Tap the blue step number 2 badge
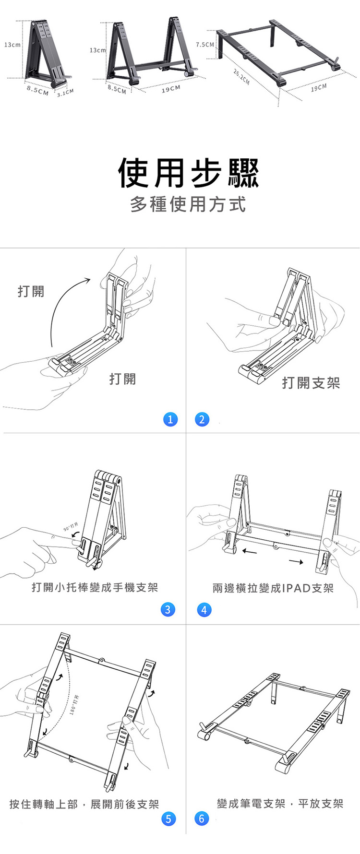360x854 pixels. coord(202,419)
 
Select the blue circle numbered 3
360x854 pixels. coord(168,610)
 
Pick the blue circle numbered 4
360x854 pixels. coord(204,610)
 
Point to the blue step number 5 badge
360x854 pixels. coord(168,818)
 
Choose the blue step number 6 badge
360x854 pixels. coord(202,818)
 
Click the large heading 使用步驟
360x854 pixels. coord(188,173)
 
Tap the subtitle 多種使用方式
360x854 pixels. coord(188,204)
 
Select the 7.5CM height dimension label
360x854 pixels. coord(205,45)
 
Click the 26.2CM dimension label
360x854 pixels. coord(241,77)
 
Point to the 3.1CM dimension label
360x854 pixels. coord(65,92)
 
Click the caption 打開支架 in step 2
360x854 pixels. coord(311,382)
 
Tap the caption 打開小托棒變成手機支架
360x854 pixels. coord(95,588)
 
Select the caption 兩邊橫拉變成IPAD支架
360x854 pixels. coord(273,588)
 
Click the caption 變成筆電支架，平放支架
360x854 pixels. coord(280,804)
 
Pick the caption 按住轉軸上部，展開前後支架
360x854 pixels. coord(84,804)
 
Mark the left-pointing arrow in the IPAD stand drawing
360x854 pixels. coord(250,551)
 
